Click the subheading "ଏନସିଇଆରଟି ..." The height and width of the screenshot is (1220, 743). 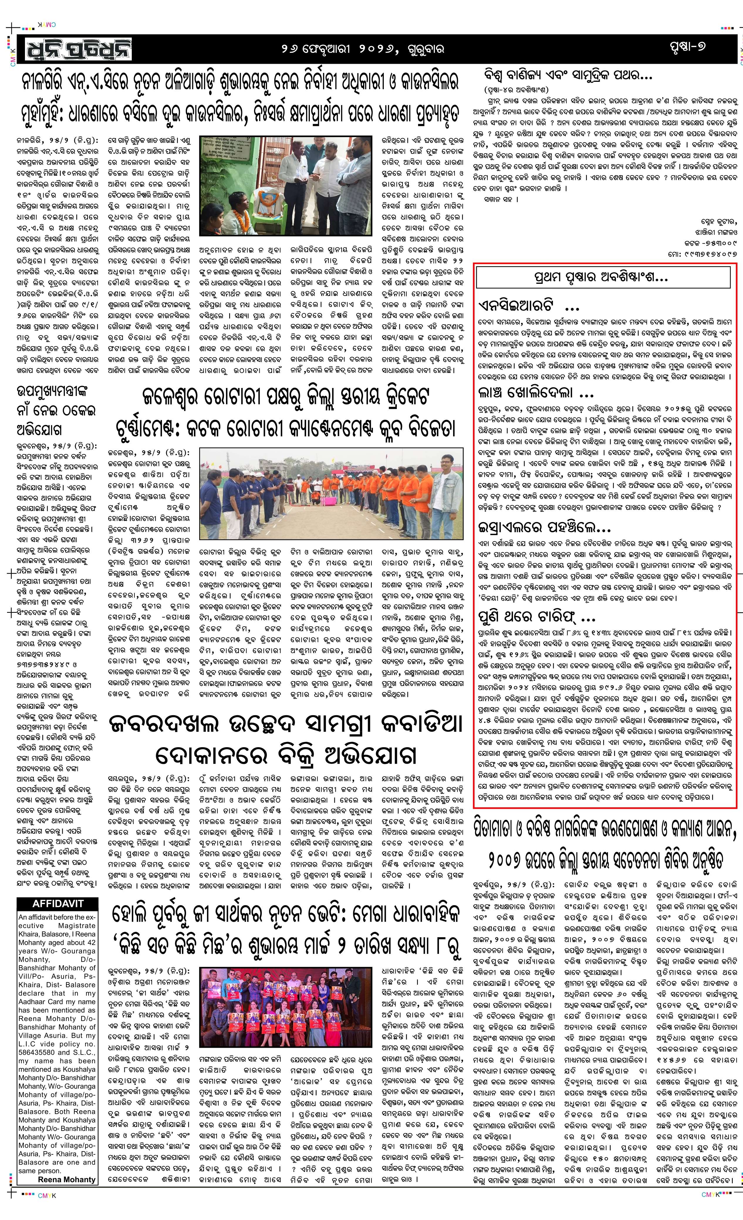(522, 305)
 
